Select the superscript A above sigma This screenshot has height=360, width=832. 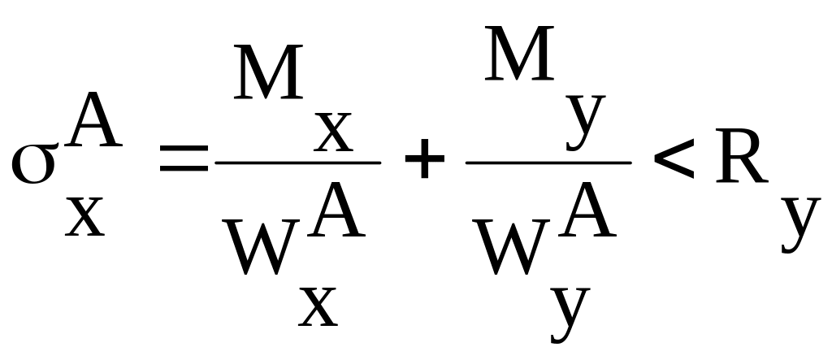pyautogui.click(x=94, y=120)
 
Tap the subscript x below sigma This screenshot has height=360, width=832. pyautogui.click(x=84, y=217)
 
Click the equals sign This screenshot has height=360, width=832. pyautogui.click(x=184, y=158)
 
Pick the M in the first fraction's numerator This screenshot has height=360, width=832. pyautogui.click(x=268, y=72)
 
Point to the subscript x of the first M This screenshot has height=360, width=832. pyautogui.click(x=333, y=132)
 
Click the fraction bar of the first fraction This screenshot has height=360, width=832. pyautogui.click(x=297, y=163)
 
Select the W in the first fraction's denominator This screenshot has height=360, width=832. pyautogui.click(x=261, y=247)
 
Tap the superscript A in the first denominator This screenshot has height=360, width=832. pyautogui.click(x=336, y=210)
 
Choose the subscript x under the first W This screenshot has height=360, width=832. pyautogui.click(x=318, y=307)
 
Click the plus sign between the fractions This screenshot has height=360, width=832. pyautogui.click(x=424, y=158)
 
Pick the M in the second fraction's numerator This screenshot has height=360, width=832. pyautogui.click(x=519, y=53)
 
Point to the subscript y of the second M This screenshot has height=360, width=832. pyautogui.click(x=586, y=123)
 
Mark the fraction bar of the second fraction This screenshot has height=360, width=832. pyautogui.click(x=548, y=163)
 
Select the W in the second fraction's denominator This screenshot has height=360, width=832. pyautogui.click(x=511, y=247)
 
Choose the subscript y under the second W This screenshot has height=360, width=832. pyautogui.click(x=570, y=315)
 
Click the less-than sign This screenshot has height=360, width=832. pyautogui.click(x=674, y=158)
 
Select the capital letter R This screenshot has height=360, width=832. pyautogui.click(x=742, y=156)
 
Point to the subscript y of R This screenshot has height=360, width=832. pyautogui.click(x=800, y=225)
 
